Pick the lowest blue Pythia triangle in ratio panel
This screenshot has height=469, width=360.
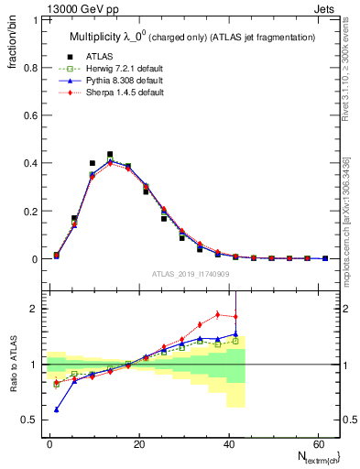coord(57,409)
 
